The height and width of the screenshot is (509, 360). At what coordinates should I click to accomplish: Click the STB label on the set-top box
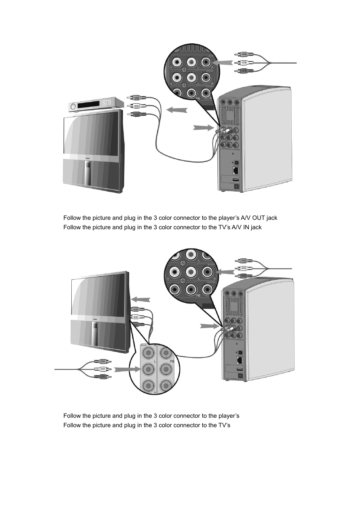[x=107, y=103]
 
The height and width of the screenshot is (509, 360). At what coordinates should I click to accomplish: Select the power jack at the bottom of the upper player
[x=237, y=186]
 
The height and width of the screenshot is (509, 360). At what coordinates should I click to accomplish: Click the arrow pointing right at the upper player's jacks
[x=203, y=127]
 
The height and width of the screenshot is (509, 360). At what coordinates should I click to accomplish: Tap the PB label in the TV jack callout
[x=172, y=361]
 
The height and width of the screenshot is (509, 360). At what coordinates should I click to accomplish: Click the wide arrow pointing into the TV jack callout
[x=126, y=369]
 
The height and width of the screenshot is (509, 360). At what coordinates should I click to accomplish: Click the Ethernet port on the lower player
[x=240, y=360]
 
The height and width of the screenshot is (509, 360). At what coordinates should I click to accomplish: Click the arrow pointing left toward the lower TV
[x=140, y=299]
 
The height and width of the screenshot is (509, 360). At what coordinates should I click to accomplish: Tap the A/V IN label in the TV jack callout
[x=143, y=345]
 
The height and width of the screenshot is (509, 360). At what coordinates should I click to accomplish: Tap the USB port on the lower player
[x=239, y=370]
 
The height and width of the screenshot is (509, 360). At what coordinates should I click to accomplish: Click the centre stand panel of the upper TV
[x=88, y=173]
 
